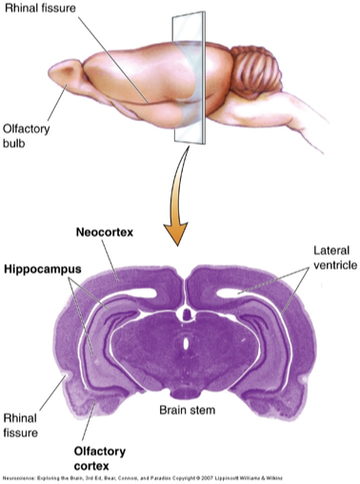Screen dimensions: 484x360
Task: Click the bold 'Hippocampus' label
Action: pyautogui.click(x=41, y=270)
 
